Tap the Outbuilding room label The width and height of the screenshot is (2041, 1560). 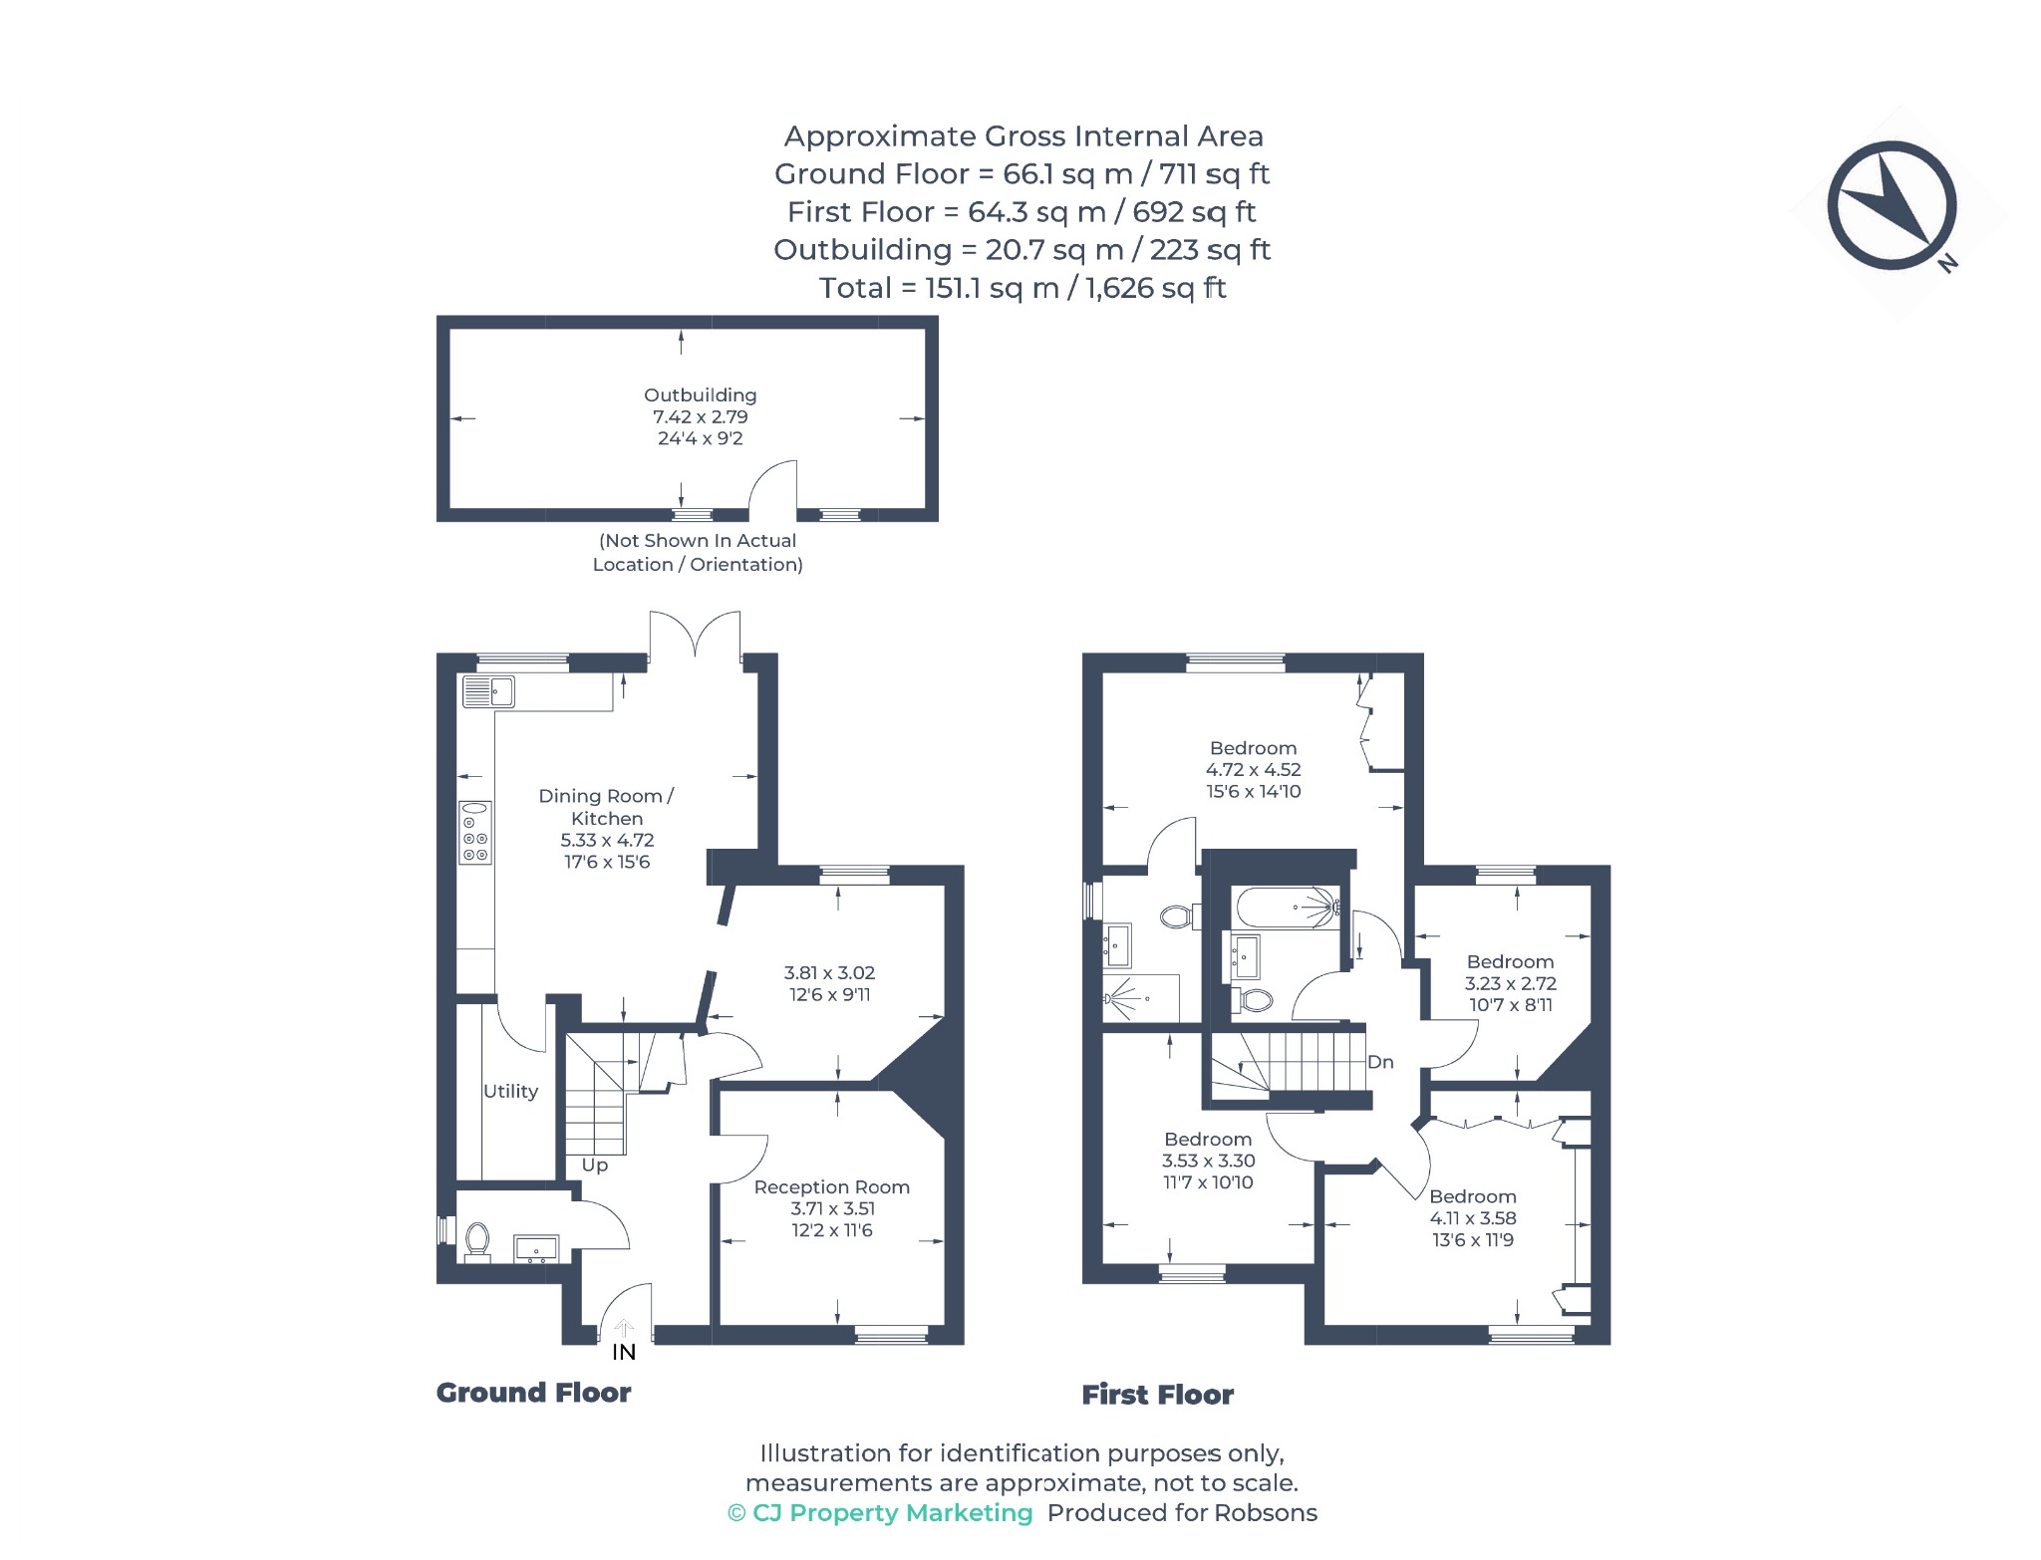tap(700, 395)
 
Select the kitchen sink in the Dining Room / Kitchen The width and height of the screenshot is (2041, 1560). tap(488, 691)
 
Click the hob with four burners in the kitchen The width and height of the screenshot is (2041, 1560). tap(475, 833)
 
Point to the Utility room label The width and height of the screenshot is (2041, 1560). tap(510, 1092)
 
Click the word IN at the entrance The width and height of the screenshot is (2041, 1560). tap(624, 1352)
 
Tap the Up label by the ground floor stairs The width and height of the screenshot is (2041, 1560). tap(594, 1166)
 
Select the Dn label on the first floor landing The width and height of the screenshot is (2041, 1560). tap(1380, 1062)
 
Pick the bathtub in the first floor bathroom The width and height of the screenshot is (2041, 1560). tap(1288, 908)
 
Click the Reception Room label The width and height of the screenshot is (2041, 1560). tap(831, 1187)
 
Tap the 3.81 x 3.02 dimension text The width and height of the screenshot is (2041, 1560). tap(829, 972)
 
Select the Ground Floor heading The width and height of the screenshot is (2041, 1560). tap(533, 1393)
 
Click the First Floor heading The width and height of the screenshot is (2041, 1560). tap(1158, 1395)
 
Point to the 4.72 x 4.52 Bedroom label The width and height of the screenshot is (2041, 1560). tap(1254, 769)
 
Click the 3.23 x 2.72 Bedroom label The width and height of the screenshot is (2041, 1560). tap(1510, 983)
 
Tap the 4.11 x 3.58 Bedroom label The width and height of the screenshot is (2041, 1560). tap(1473, 1218)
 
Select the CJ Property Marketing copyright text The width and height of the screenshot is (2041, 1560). tap(880, 1513)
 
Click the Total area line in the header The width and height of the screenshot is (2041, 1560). tap(1022, 288)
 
